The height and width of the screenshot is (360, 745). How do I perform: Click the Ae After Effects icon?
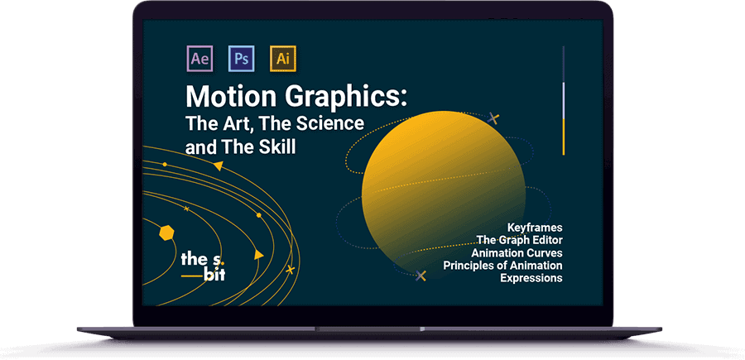click(x=200, y=59)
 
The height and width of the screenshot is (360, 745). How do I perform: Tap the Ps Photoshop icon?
click(x=242, y=59)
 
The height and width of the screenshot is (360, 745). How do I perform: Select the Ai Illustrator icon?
click(x=283, y=59)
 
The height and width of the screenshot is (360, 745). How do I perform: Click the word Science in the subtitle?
click(x=330, y=123)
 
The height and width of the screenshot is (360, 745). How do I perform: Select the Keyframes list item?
click(x=535, y=227)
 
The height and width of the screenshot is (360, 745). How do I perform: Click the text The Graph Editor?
click(x=519, y=240)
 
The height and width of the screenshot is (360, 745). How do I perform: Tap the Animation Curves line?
click(x=517, y=252)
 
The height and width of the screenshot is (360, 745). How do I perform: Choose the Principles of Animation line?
click(x=502, y=266)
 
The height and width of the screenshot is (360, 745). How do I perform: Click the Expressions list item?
click(x=531, y=278)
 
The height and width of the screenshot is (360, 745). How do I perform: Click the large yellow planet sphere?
click(x=444, y=194)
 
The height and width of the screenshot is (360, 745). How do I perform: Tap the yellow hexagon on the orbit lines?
click(x=166, y=233)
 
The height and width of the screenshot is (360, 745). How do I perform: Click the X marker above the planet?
click(x=493, y=118)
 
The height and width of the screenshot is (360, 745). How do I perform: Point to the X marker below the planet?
click(x=421, y=276)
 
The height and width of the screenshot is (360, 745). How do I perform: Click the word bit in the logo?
click(x=214, y=275)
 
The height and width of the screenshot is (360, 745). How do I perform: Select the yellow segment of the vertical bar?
click(x=564, y=137)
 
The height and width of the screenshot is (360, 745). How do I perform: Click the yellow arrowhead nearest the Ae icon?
click(x=218, y=166)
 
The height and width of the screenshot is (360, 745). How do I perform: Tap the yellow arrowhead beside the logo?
click(x=258, y=255)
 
